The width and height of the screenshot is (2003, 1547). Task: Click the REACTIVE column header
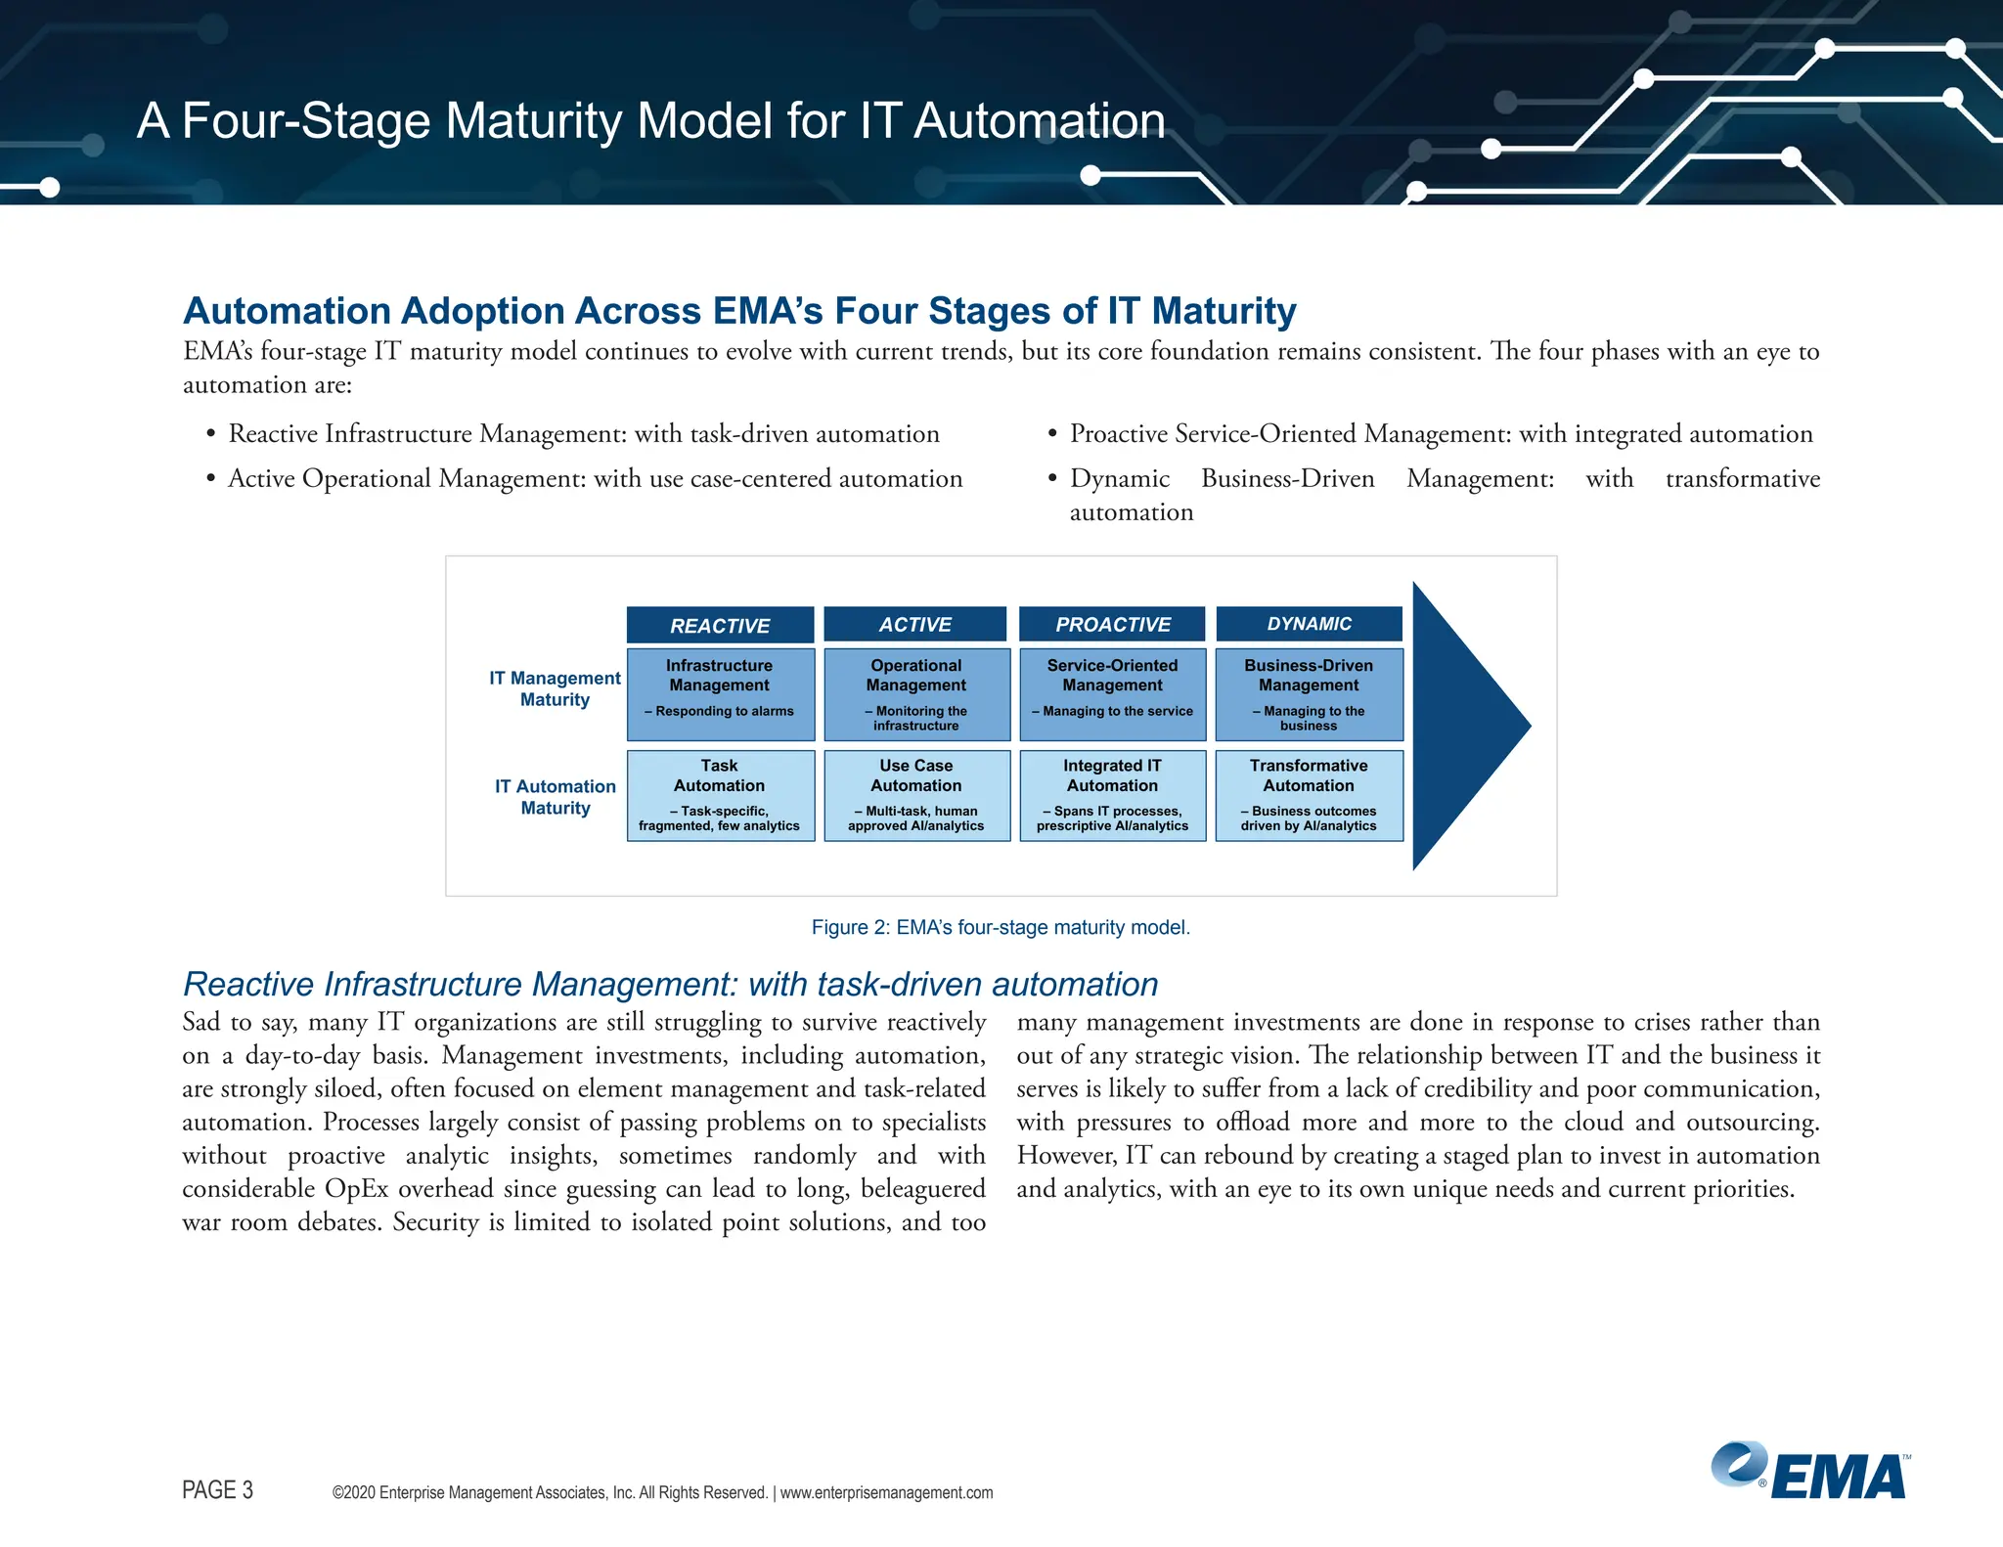pyautogui.click(x=720, y=625)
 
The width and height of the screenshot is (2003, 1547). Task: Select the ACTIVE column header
pyautogui.click(x=914, y=624)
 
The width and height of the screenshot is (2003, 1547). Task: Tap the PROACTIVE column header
pyautogui.click(x=1112, y=624)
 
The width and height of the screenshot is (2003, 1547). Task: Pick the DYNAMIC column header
pyautogui.click(x=1309, y=624)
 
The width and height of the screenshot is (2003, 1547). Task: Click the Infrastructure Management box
pyautogui.click(x=720, y=694)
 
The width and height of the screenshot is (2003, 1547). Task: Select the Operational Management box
pyautogui.click(x=916, y=694)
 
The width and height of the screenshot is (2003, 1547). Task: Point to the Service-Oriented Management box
pyautogui.click(x=1112, y=694)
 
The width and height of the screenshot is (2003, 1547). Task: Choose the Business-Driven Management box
pyautogui.click(x=1309, y=694)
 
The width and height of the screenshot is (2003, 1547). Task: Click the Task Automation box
pyautogui.click(x=720, y=795)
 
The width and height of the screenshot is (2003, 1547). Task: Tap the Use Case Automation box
pyautogui.click(x=916, y=795)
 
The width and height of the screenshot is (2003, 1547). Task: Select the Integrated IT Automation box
pyautogui.click(x=1112, y=795)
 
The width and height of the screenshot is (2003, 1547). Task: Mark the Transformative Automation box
pyautogui.click(x=1309, y=795)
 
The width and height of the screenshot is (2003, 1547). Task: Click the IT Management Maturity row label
pyautogui.click(x=555, y=688)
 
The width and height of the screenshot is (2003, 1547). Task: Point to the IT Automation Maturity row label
pyautogui.click(x=555, y=797)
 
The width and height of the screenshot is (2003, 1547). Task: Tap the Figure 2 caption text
pyautogui.click(x=1001, y=927)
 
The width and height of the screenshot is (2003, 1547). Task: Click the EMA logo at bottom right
pyautogui.click(x=1809, y=1472)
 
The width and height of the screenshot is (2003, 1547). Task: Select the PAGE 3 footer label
pyautogui.click(x=217, y=1489)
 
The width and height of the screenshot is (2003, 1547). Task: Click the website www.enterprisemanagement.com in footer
pyautogui.click(x=886, y=1492)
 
